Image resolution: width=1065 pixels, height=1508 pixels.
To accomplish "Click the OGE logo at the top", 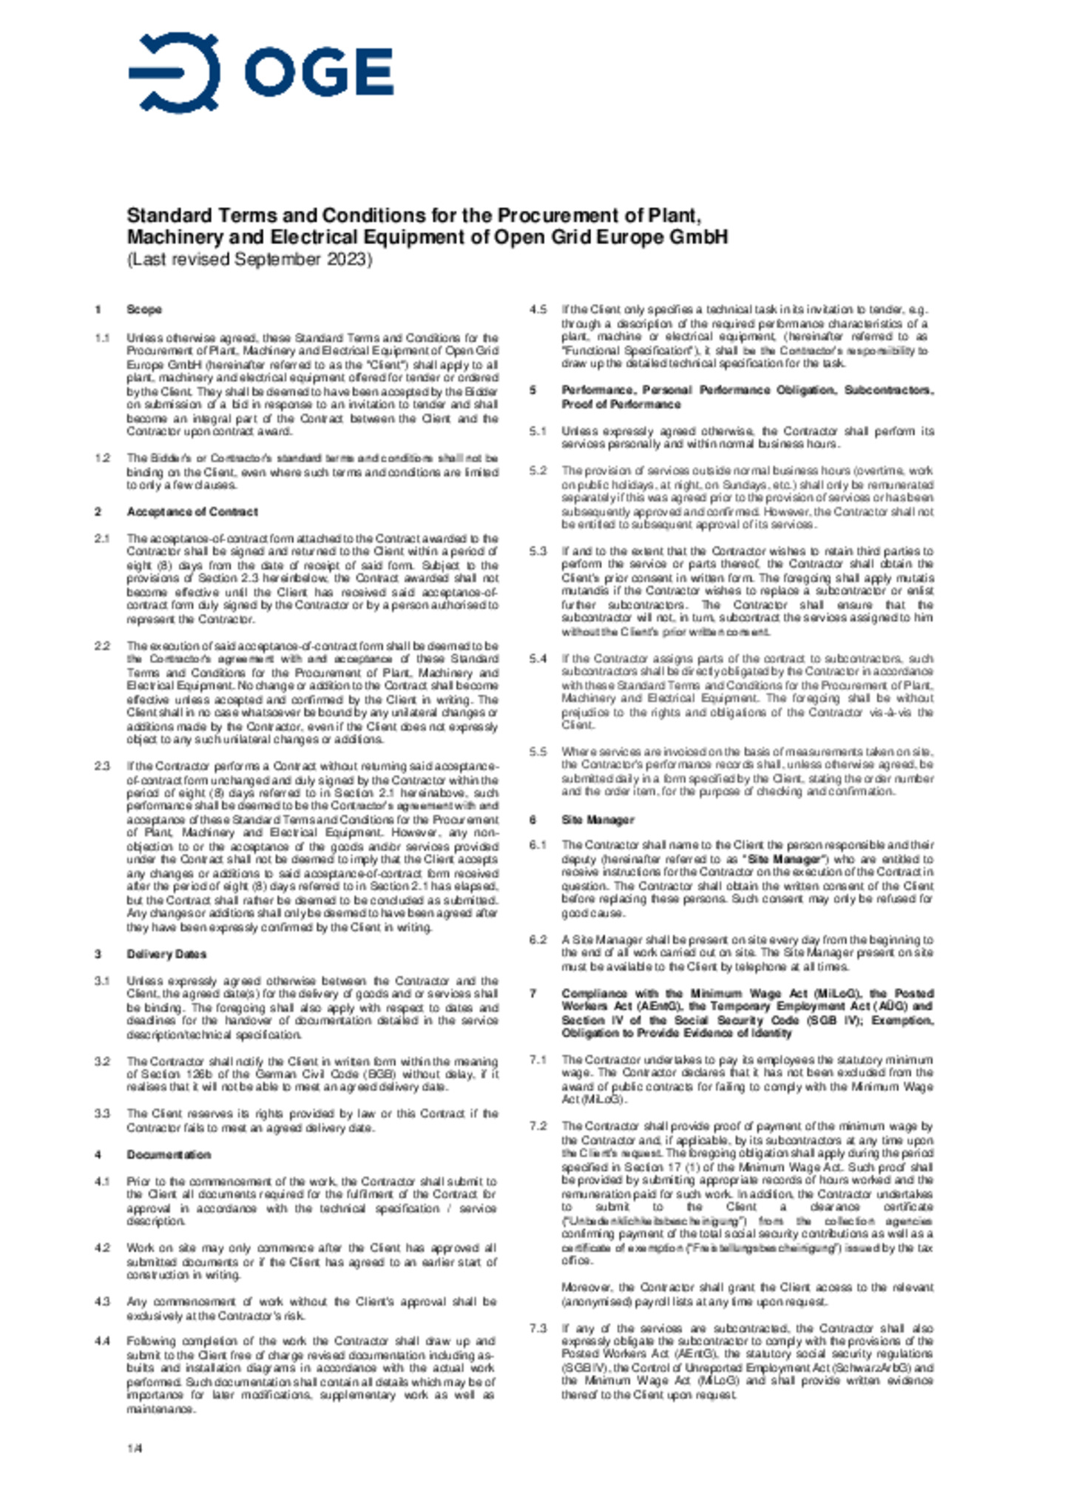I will (x=260, y=73).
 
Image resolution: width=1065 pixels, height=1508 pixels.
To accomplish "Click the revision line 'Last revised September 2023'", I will (x=249, y=260).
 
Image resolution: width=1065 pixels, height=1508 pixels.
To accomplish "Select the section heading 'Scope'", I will (x=143, y=309).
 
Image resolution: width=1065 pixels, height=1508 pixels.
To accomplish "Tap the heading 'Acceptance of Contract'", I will (x=192, y=511).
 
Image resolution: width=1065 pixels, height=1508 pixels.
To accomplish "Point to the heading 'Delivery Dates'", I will (x=166, y=954).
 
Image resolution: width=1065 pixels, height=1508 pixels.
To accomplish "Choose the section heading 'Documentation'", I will (x=169, y=1154).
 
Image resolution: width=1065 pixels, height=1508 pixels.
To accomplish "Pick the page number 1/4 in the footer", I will (x=134, y=1447).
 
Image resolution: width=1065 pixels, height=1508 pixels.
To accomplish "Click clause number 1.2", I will (x=102, y=458).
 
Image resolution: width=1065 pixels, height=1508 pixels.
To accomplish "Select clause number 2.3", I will (x=102, y=766).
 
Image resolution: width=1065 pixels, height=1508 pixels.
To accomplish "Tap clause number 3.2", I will (x=102, y=1061).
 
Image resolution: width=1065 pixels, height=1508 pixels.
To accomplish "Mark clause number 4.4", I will (x=102, y=1341).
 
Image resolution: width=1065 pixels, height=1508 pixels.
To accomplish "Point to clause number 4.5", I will (x=538, y=309).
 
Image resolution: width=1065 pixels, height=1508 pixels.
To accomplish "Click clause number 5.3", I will (x=538, y=551).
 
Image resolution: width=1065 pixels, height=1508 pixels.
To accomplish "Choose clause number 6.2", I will (x=538, y=940).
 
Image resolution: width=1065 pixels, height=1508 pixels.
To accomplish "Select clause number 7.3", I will (x=538, y=1328).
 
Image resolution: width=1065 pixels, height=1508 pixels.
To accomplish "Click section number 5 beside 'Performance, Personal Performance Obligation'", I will (x=532, y=390).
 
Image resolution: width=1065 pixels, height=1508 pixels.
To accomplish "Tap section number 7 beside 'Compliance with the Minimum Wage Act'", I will (x=532, y=993).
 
